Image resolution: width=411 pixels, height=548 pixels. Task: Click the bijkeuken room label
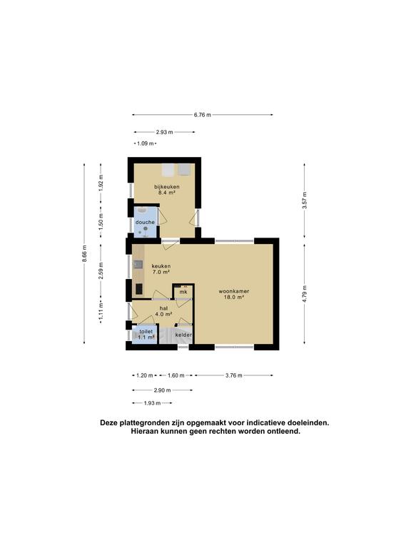point(166,187)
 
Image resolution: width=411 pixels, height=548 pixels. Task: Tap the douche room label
point(145,223)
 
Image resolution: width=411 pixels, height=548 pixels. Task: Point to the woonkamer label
point(233,291)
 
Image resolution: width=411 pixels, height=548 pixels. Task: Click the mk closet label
point(183,292)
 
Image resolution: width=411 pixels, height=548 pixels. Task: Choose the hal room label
point(163,308)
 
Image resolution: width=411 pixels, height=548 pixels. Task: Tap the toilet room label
point(146,332)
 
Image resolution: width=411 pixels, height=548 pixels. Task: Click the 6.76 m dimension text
point(203,115)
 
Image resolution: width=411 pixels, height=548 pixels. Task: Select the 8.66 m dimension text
point(85,255)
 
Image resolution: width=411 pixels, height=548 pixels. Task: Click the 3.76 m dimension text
point(233,375)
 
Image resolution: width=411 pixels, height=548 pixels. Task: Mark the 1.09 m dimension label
point(146,144)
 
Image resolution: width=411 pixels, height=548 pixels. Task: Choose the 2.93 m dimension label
point(164,132)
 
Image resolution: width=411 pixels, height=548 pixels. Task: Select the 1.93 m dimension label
point(153,404)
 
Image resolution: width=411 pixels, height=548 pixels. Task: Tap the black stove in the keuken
point(138,290)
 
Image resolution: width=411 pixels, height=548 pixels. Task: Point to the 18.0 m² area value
point(233,298)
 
